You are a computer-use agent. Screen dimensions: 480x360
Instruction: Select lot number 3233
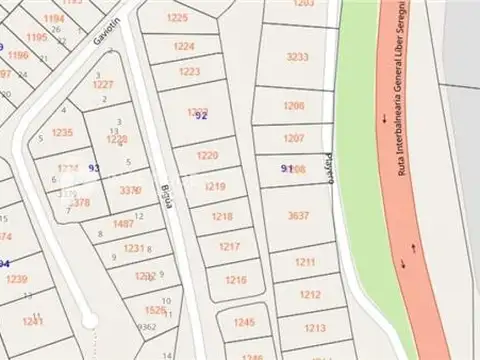[x=297, y=57]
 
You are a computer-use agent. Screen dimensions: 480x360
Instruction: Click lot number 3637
[x=298, y=215]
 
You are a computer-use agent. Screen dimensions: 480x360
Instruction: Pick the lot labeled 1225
[x=177, y=18]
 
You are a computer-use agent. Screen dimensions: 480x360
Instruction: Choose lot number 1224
[x=184, y=47]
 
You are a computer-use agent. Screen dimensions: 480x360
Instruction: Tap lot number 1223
[x=189, y=72]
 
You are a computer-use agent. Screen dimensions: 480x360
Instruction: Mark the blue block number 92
[x=201, y=116]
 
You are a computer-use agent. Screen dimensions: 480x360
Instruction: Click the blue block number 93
[x=94, y=168]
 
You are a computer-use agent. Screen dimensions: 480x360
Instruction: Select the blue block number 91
[x=287, y=169]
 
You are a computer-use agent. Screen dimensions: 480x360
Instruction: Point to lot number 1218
[x=222, y=216]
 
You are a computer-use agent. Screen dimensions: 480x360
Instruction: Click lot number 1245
[x=244, y=322]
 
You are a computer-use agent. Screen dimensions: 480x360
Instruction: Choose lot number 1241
[x=32, y=321]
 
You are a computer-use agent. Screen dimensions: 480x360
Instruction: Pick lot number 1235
[x=62, y=132]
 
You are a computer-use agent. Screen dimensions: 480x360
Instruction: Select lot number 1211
[x=305, y=262]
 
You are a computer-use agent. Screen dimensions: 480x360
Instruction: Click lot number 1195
[x=36, y=37]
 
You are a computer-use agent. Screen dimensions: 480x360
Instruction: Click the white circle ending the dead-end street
[x=90, y=321]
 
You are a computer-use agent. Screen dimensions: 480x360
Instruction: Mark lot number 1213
[x=314, y=328]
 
